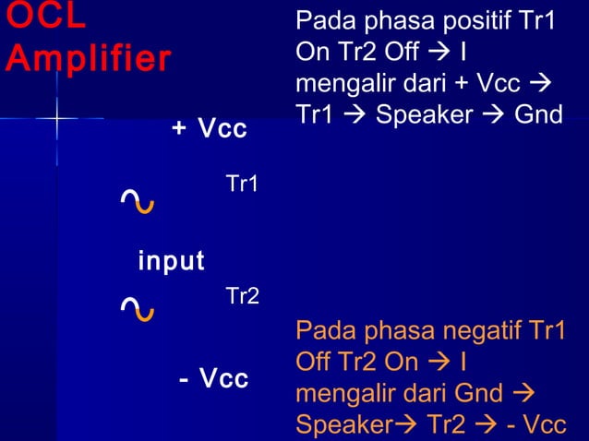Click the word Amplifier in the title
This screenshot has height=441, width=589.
88,59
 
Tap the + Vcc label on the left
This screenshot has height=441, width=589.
210,129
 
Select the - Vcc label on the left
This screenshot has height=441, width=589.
213,379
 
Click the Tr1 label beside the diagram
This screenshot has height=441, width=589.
242,185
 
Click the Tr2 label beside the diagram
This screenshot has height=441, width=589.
242,297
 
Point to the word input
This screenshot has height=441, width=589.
171,261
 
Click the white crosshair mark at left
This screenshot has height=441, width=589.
56,119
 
